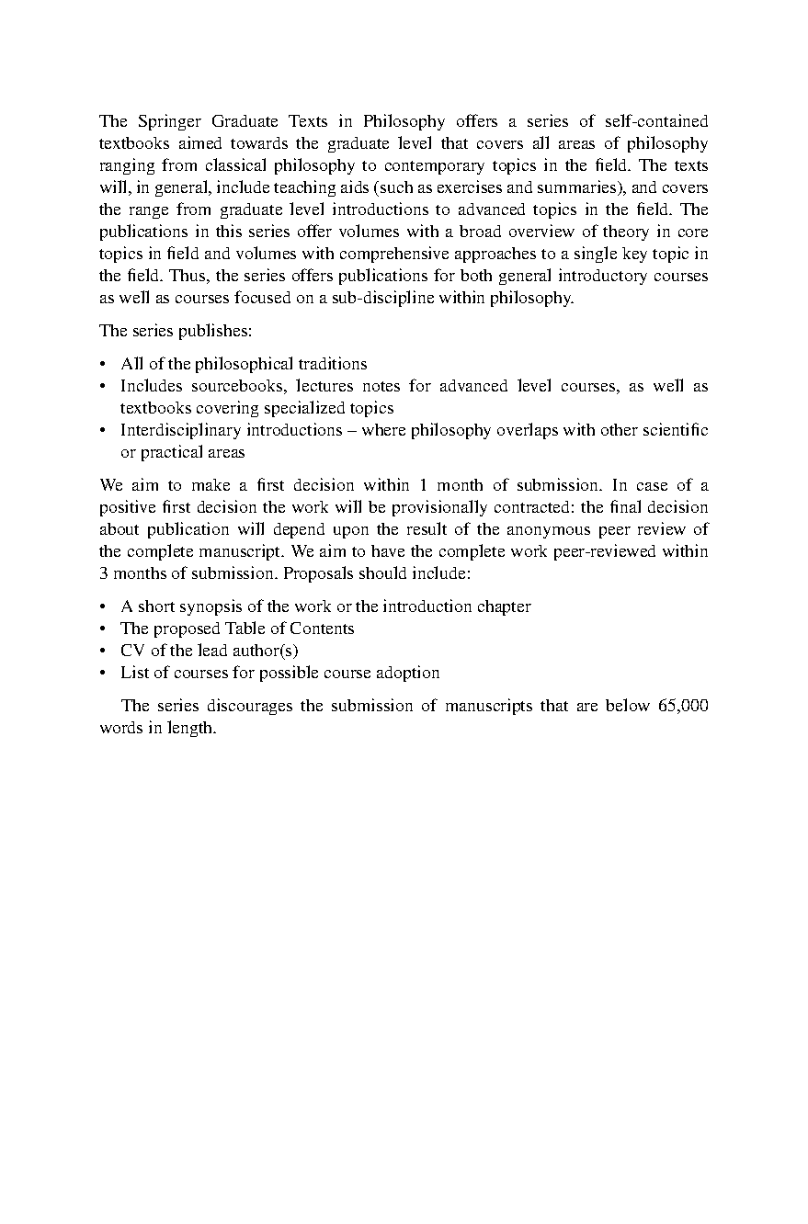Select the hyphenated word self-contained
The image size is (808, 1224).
654,121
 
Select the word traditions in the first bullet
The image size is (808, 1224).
328,364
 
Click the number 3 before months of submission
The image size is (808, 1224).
104,573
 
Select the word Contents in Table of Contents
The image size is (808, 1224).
322,629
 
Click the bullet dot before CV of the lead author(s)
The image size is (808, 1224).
104,651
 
